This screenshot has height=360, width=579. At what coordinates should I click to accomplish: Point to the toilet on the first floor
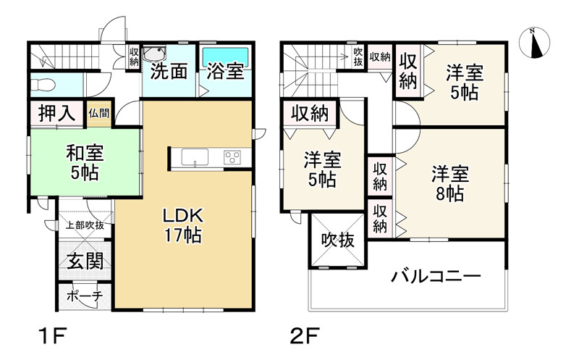point(43,84)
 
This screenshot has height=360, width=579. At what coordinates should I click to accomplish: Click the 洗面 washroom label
point(169,72)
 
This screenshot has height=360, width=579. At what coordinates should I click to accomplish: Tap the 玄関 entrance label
point(85,261)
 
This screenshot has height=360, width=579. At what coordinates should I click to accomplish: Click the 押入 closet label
point(54,113)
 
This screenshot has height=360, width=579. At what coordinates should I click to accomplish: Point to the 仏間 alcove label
point(100,113)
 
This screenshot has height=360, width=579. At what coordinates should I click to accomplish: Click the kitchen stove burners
point(233,156)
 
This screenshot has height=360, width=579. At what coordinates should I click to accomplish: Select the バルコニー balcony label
point(436,277)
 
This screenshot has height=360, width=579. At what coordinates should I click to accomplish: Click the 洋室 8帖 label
point(451,184)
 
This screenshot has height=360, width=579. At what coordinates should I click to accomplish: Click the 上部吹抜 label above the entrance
point(85,225)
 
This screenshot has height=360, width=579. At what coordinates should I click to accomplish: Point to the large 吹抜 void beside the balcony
point(338,240)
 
